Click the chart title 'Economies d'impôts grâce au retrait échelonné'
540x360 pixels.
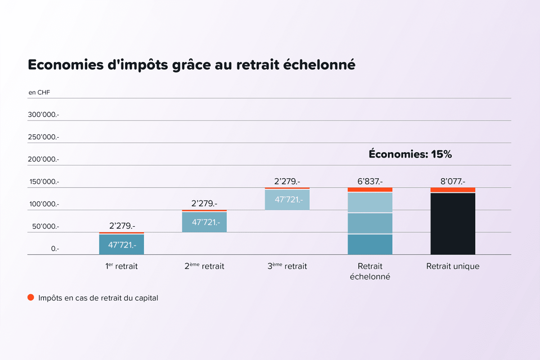click(x=192, y=65)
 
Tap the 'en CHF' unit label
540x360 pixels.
click(x=40, y=93)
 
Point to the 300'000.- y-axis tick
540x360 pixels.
click(x=44, y=115)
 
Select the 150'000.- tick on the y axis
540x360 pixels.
click(x=44, y=182)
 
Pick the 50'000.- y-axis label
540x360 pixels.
click(x=44, y=226)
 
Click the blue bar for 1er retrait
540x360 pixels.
click(x=121, y=244)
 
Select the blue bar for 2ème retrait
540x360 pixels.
click(x=204, y=222)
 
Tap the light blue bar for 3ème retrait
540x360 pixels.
click(x=287, y=199)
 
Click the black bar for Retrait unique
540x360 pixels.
click(x=453, y=224)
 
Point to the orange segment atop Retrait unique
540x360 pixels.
click(x=453, y=190)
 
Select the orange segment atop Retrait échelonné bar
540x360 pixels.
click(x=370, y=190)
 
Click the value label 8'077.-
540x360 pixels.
click(x=453, y=181)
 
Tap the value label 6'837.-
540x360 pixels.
click(x=370, y=181)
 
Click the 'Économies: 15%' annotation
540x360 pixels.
click(x=410, y=154)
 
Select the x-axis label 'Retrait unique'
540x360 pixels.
click(x=453, y=266)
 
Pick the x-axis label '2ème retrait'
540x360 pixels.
click(x=204, y=266)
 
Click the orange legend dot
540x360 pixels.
click(x=31, y=297)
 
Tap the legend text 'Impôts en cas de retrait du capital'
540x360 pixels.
click(x=98, y=298)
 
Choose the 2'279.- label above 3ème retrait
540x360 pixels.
click(x=287, y=181)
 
